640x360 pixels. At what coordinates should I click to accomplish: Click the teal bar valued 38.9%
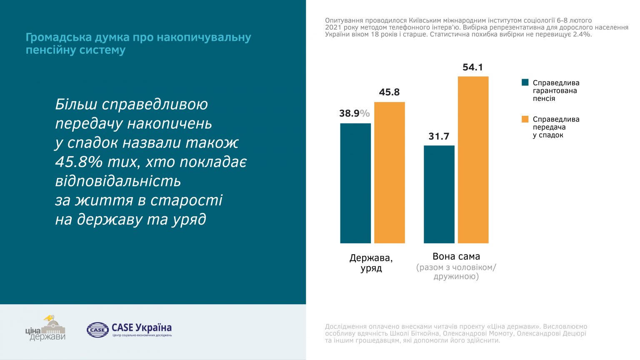pyautogui.click(x=355, y=183)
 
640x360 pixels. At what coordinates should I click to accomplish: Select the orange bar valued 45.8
pyautogui.click(x=390, y=172)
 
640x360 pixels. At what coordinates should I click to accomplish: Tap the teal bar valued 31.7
pyautogui.click(x=439, y=194)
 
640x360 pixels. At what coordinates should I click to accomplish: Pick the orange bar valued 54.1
pyautogui.click(x=473, y=160)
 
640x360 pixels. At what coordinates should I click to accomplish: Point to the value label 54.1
pyautogui.click(x=473, y=67)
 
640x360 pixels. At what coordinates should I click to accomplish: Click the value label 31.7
pyautogui.click(x=439, y=136)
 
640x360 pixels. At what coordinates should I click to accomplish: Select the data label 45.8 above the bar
pyautogui.click(x=390, y=92)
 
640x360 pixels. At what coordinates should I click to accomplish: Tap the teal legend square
pyautogui.click(x=525, y=82)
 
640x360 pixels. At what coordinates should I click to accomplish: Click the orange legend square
pyautogui.click(x=525, y=119)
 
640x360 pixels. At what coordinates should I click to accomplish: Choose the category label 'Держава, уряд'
pyautogui.click(x=371, y=263)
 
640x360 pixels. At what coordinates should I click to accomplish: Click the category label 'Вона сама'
pyautogui.click(x=456, y=257)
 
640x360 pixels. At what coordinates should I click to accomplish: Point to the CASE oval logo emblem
pyautogui.click(x=97, y=330)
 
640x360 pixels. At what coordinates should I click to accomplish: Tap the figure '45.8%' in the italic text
pyautogui.click(x=79, y=162)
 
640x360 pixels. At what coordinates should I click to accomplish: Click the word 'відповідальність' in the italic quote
pyautogui.click(x=118, y=181)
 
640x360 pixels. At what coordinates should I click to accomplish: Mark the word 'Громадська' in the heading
pyautogui.click(x=58, y=37)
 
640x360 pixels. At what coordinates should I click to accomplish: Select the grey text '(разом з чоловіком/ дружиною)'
pyautogui.click(x=456, y=272)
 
